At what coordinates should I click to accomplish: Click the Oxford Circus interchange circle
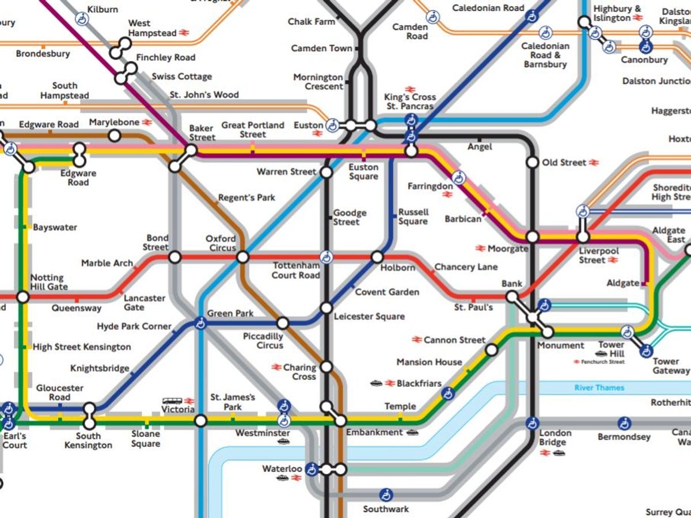click(243, 257)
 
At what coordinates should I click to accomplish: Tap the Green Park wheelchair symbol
click(200, 323)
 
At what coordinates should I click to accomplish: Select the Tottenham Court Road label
click(295, 271)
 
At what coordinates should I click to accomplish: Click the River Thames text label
click(599, 387)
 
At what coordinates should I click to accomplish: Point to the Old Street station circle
click(532, 162)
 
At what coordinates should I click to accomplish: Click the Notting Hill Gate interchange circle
click(23, 297)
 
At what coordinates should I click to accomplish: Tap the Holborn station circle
click(377, 257)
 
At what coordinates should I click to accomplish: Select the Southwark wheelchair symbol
click(386, 494)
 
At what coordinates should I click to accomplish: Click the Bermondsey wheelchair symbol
click(624, 424)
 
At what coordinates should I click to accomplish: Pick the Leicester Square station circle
click(326, 308)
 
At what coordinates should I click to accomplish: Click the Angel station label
click(480, 147)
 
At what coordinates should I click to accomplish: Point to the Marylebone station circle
click(115, 136)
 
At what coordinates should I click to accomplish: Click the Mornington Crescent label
click(318, 81)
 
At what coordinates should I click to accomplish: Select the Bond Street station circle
click(175, 257)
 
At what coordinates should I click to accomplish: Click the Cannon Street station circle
click(491, 349)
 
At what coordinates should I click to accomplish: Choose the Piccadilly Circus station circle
click(283, 323)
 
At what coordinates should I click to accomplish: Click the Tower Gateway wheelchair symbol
click(646, 351)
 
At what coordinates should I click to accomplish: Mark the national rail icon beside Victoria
click(189, 401)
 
